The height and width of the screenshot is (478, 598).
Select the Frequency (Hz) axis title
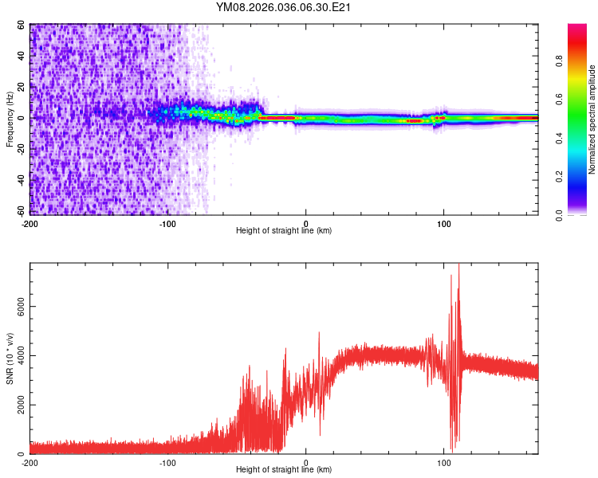click(x=10, y=119)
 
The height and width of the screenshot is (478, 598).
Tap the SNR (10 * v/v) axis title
click(x=10, y=359)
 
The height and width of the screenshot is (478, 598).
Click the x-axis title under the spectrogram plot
click(x=284, y=230)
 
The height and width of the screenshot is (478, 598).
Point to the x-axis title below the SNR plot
click(x=284, y=470)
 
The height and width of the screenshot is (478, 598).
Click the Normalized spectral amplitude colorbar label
click(x=592, y=119)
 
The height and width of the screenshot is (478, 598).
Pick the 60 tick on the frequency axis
click(x=22, y=25)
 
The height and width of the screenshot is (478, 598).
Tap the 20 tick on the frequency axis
click(x=22, y=87)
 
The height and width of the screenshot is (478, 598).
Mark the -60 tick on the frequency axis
click(x=20, y=211)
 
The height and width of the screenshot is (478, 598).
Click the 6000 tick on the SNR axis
click(x=16, y=307)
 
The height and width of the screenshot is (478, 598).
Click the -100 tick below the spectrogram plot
click(x=167, y=222)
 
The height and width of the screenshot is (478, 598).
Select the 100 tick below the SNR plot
click(x=444, y=462)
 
